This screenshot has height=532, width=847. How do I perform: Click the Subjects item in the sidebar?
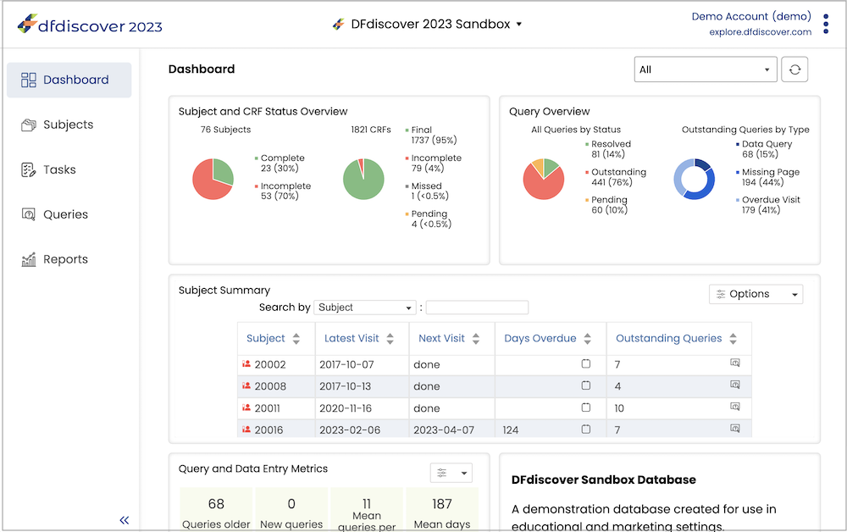point(58,125)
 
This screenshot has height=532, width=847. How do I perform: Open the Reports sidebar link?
point(54,259)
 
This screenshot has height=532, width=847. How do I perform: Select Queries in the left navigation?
point(54,214)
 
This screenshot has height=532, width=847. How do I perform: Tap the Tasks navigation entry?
point(48,169)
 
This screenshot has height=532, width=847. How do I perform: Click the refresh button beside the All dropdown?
point(794,69)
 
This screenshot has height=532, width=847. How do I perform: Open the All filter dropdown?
point(706,69)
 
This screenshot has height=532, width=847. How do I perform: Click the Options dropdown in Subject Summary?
point(756,294)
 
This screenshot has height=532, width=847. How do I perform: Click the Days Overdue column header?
point(540,338)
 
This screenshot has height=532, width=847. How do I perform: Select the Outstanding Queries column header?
point(669,338)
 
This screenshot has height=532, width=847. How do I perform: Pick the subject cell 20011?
point(268,408)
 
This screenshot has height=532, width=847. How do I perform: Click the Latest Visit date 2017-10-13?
point(346,386)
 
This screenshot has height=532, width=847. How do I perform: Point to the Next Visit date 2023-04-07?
point(444,430)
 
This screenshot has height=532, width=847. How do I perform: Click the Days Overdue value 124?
point(511,430)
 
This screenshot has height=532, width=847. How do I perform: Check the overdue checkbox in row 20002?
point(585,363)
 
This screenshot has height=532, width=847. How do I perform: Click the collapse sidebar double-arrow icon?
point(125,520)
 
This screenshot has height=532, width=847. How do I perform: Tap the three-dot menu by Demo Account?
point(826,24)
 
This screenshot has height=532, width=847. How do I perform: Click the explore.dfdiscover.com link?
point(760,32)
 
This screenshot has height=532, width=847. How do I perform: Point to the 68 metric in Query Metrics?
point(216,504)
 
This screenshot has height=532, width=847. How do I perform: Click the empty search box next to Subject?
point(477,308)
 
